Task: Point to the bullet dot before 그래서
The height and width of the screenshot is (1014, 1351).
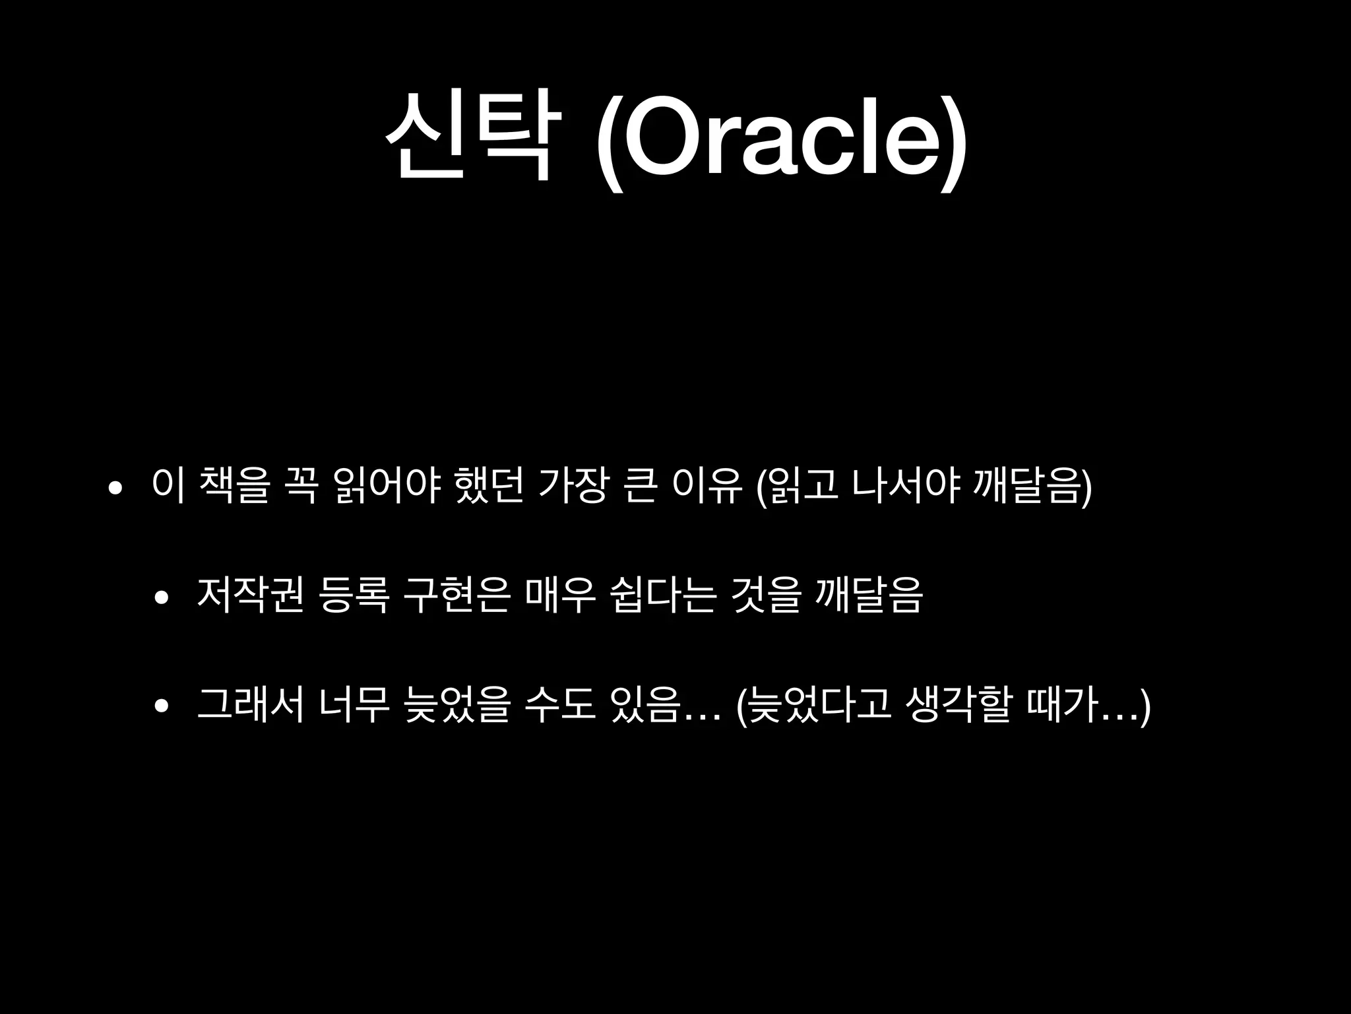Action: pos(161,706)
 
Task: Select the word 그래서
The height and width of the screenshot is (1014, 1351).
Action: pos(250,704)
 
